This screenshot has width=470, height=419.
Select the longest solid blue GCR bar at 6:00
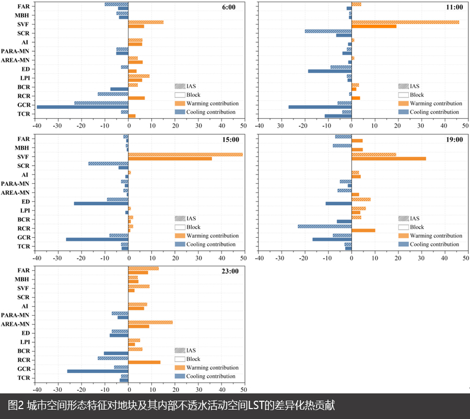(x=83, y=107)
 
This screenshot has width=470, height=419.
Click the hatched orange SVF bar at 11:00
(x=405, y=22)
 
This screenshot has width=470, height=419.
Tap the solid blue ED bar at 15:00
(x=101, y=203)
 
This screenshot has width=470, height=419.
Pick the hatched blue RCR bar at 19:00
(x=324, y=226)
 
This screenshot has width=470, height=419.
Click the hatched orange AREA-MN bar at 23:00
(x=150, y=322)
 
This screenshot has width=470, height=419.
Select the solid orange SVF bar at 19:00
(x=389, y=158)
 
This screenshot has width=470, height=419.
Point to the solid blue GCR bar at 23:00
(x=98, y=371)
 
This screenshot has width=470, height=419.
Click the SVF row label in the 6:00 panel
(x=23, y=24)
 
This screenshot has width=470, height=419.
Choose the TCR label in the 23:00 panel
(x=23, y=378)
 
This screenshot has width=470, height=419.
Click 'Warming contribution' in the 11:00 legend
(x=436, y=103)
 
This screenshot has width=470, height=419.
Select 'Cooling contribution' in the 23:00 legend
(x=211, y=376)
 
